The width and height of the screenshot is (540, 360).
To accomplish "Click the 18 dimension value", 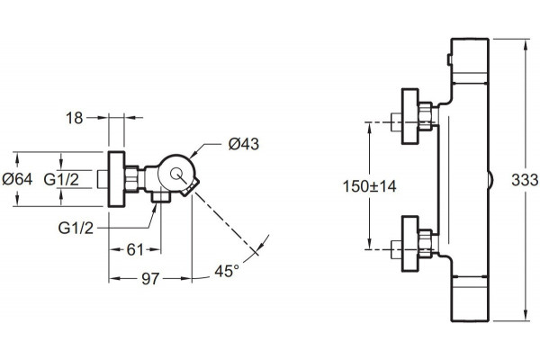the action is tap(75, 118).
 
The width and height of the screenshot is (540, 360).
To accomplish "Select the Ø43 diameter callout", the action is tap(244, 144).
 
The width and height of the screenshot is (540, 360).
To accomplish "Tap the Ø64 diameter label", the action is tap(17, 179).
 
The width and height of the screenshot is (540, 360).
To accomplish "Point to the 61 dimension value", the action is tap(135, 250).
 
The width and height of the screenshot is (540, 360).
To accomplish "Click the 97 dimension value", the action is tap(150, 279).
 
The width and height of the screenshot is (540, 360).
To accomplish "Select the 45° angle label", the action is tap(227, 271).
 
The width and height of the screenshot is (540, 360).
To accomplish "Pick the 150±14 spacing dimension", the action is tap(369, 186).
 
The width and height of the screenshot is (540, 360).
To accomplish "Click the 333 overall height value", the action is tap(525, 180).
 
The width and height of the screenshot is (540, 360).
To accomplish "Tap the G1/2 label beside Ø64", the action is tap(61, 179).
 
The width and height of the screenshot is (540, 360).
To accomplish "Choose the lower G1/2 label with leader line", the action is tap(76, 228).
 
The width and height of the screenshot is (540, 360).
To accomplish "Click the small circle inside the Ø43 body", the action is tap(177, 174).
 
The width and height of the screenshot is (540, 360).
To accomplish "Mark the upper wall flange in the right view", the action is tap(409, 116).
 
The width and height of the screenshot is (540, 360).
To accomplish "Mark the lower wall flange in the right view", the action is tap(409, 244).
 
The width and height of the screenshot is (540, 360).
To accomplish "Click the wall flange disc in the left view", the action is tap(116, 179).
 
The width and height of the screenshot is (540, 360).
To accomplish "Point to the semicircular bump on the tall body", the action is tap(490, 179).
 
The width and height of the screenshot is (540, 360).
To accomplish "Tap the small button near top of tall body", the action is tap(449, 59).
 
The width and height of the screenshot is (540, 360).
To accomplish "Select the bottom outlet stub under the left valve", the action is tap(161, 197).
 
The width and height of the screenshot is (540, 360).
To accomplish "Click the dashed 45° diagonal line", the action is tap(226, 222).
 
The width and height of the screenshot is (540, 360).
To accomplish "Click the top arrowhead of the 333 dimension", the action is tap(526, 44).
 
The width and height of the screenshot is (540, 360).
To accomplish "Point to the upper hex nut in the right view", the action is tap(425, 116).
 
